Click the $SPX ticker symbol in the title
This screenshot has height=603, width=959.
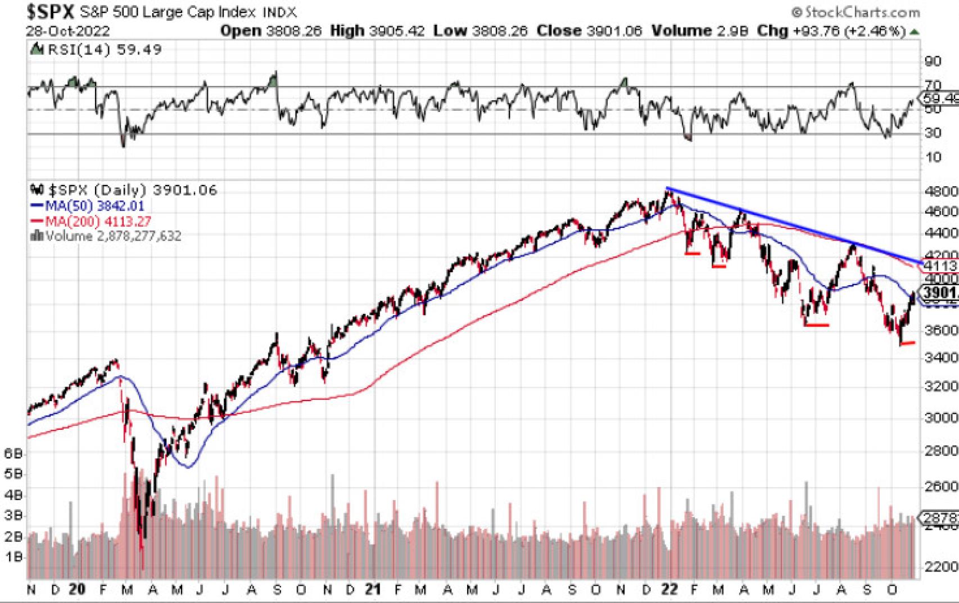(x=50, y=11)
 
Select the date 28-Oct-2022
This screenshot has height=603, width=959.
(x=68, y=31)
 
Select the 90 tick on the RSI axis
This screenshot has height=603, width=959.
(x=933, y=61)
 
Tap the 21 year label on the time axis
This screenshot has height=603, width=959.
(x=372, y=589)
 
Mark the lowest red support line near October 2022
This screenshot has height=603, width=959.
(x=907, y=343)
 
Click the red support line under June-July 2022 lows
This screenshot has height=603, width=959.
(x=817, y=325)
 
